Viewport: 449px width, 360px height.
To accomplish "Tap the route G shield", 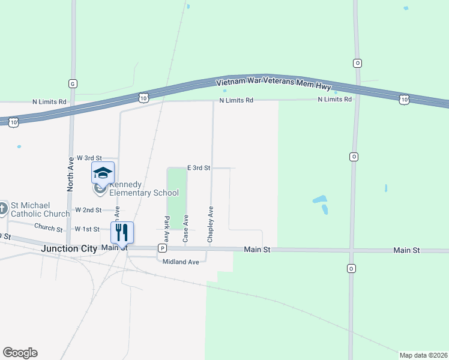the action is click(73, 83).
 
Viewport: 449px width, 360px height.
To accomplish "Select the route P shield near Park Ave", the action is click(162, 248).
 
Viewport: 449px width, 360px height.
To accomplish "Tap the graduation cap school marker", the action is click(103, 173).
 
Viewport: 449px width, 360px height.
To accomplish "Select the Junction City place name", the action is click(69, 248).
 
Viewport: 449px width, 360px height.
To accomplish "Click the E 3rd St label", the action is click(198, 168).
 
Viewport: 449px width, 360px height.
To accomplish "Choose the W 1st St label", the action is click(86, 229).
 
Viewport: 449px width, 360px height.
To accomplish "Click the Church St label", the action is click(48, 228).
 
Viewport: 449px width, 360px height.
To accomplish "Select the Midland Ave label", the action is click(181, 262).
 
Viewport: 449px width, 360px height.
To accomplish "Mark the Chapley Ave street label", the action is click(210, 225).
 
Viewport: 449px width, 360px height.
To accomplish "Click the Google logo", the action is click(20, 353).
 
